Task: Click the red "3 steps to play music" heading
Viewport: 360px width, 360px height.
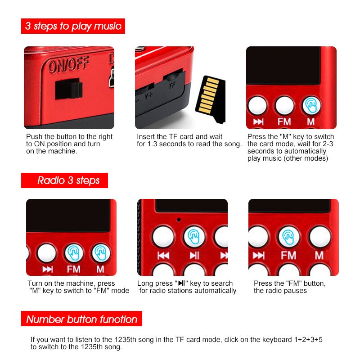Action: pos(73,26)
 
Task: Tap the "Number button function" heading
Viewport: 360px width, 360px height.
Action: pos(81,319)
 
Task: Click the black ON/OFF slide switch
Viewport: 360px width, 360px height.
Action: pos(67,89)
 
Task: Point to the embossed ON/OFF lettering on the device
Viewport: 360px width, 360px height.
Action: pos(69,66)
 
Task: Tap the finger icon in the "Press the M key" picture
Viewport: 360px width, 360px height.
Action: pos(311,105)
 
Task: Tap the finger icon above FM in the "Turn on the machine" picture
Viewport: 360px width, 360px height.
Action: pos(74,253)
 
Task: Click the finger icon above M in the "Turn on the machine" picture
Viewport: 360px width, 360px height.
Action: pos(101,253)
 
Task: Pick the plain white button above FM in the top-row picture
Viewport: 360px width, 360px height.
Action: pos(284,105)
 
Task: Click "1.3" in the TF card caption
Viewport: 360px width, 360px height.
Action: pos(155,144)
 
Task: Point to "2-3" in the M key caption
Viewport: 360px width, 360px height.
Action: pos(327,144)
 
